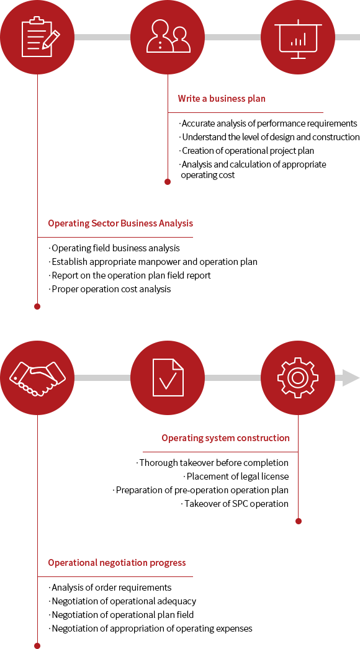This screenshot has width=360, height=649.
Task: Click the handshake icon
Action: pyautogui.click(x=37, y=377)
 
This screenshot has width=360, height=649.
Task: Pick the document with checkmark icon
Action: pyautogui.click(x=168, y=377)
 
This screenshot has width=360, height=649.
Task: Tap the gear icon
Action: pyautogui.click(x=298, y=377)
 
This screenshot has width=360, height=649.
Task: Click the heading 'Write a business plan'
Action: pyautogui.click(x=222, y=99)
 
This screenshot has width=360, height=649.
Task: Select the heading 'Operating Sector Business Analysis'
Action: pyautogui.click(x=120, y=223)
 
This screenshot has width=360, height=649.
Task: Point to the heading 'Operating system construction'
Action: pyautogui.click(x=225, y=438)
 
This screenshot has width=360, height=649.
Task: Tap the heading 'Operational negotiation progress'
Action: pyautogui.click(x=117, y=563)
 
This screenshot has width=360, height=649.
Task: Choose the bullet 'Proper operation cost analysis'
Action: pyautogui.click(x=110, y=289)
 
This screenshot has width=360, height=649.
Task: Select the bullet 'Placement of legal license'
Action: pyautogui.click(x=236, y=477)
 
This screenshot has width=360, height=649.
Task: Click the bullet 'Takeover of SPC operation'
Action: pyautogui.click(x=235, y=504)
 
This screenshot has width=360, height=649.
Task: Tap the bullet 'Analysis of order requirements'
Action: pyautogui.click(x=110, y=588)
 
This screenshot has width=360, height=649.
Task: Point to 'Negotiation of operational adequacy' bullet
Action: pyautogui.click(x=122, y=601)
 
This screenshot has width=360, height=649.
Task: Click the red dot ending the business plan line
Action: pyautogui.click(x=168, y=182)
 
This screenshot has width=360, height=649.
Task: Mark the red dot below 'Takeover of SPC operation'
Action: pyautogui.click(x=299, y=521)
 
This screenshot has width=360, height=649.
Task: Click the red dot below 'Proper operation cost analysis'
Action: pyautogui.click(x=37, y=307)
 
